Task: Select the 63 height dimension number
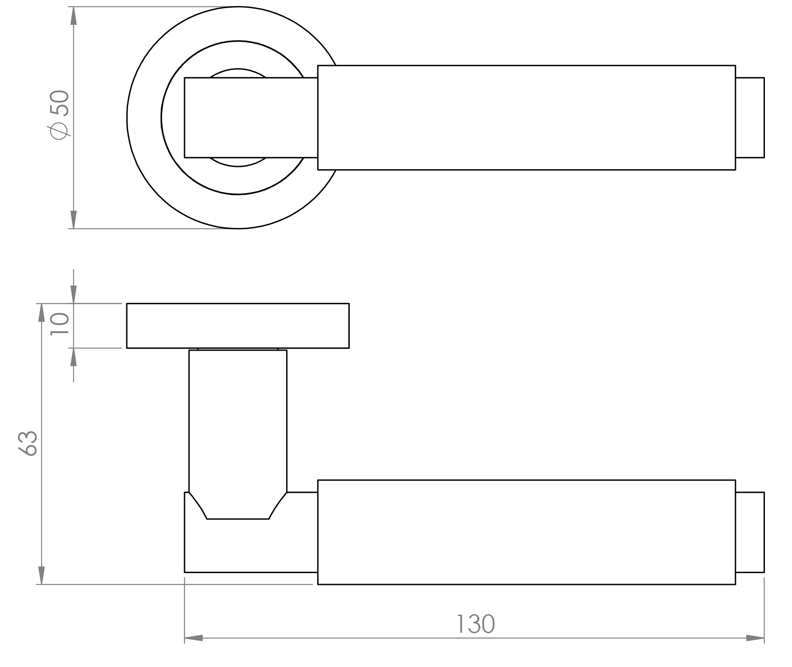28,443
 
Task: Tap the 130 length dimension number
476,624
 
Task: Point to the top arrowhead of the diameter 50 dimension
74,16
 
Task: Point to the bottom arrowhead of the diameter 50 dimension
74,219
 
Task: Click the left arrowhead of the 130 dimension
194,638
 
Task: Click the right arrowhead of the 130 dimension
755,638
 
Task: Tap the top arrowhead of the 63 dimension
41,312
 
